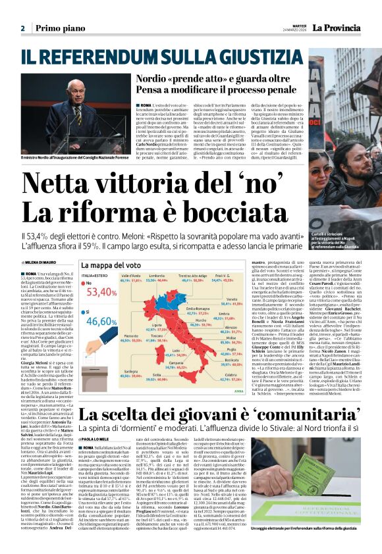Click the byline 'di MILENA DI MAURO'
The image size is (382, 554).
click(40, 262)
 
